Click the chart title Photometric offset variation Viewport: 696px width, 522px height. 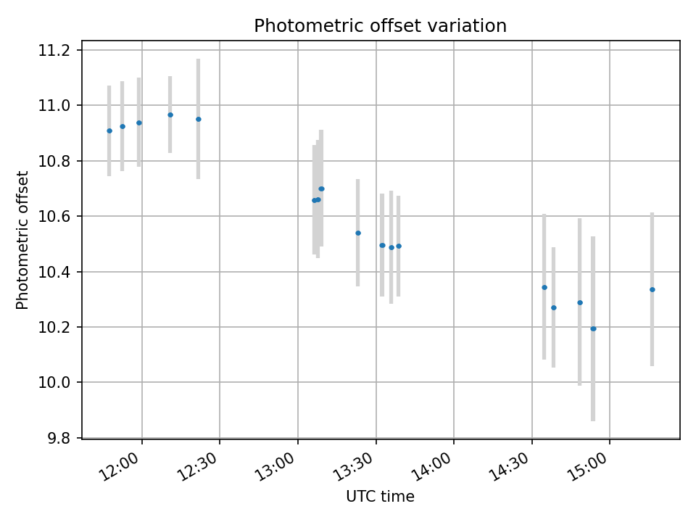click(380, 26)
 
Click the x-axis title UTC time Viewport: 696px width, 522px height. click(380, 497)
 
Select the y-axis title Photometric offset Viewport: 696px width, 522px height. click(22, 240)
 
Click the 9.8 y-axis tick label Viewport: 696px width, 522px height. click(57, 438)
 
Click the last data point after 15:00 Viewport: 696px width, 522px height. click(652, 289)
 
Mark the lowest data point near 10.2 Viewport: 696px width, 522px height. click(593, 328)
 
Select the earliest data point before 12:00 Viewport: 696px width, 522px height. click(109, 130)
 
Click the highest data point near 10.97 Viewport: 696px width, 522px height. click(170, 115)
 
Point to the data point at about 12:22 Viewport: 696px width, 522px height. click(198, 119)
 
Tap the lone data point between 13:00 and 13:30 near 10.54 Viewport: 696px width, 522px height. click(357, 233)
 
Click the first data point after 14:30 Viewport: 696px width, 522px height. click(544, 287)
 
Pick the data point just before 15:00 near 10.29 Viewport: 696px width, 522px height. click(579, 302)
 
